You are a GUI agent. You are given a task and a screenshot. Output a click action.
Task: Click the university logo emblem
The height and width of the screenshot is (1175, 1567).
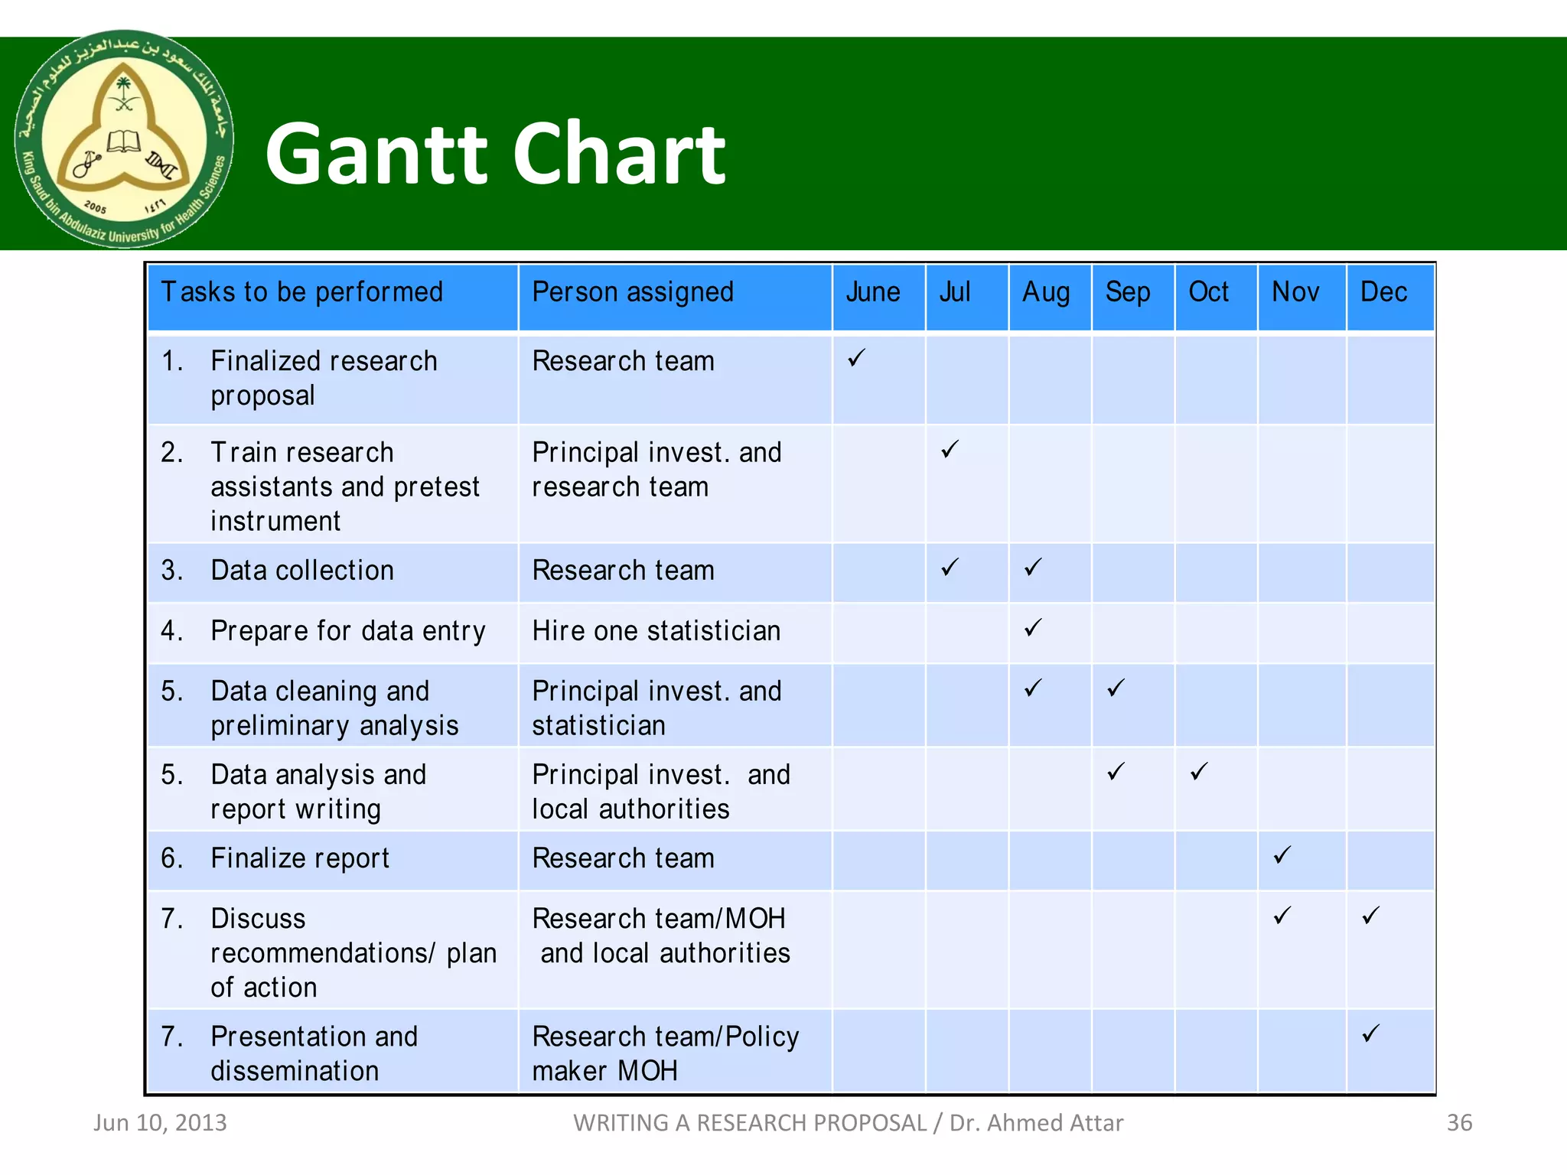tap(124, 139)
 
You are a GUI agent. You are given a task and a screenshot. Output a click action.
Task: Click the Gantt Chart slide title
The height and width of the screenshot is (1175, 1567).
tap(495, 155)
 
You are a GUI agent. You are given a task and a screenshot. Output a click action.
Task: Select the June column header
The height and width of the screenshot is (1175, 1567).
tap(873, 293)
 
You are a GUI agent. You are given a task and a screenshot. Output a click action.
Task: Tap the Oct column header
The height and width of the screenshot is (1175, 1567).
tap(1208, 293)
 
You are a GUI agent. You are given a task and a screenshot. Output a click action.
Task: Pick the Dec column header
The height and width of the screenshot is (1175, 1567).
tap(1383, 293)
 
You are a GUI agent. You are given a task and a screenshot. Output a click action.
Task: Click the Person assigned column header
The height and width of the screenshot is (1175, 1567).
tap(633, 293)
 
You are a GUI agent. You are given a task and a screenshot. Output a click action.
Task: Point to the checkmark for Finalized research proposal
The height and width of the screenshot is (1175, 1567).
tap(856, 358)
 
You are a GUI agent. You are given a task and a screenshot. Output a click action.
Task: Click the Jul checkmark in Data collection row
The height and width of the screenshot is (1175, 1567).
tap(950, 568)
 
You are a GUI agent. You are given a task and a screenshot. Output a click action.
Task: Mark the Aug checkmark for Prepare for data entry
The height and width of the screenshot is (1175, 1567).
tap(1033, 628)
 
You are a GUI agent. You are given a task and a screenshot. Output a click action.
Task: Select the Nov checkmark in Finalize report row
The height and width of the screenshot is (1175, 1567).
tap(1282, 855)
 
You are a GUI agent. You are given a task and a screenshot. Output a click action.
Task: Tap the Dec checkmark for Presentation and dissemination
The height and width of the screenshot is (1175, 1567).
tap(1370, 1033)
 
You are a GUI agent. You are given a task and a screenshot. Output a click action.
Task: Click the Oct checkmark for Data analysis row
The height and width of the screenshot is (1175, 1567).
tap(1199, 771)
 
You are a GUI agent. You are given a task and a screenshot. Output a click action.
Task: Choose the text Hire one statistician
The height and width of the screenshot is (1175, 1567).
tap(656, 632)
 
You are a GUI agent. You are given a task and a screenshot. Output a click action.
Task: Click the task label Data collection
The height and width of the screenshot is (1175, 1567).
tap(302, 571)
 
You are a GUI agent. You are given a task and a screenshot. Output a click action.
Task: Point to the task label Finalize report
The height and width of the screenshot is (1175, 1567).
tap(300, 859)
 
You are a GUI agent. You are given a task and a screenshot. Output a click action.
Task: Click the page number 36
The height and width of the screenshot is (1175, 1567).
tap(1459, 1123)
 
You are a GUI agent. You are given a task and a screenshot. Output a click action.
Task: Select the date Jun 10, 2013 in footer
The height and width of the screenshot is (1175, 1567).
tap(160, 1123)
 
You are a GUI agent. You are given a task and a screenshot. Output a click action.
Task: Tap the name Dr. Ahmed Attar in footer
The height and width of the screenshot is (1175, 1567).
tap(1036, 1123)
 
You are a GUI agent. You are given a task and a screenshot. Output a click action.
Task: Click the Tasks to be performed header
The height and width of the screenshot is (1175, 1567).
tap(302, 293)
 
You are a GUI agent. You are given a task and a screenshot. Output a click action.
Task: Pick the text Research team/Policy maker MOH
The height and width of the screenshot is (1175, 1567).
tap(665, 1053)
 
